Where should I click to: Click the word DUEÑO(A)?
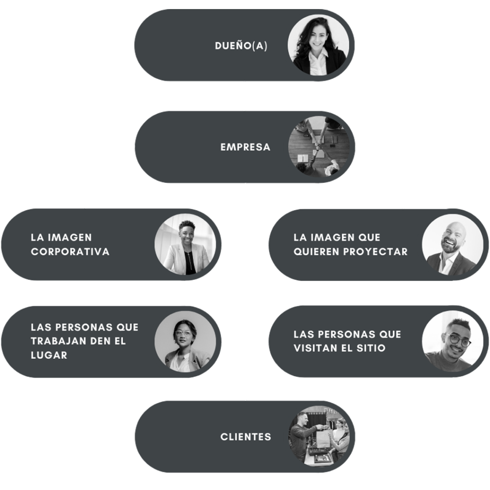241,46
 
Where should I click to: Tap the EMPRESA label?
245,147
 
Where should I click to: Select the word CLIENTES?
246,437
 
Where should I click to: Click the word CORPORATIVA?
70,252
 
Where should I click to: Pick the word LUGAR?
49,355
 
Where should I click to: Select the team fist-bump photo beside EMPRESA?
318,146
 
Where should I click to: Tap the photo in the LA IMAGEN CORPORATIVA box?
185,245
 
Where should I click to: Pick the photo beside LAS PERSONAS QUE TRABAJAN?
185,342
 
